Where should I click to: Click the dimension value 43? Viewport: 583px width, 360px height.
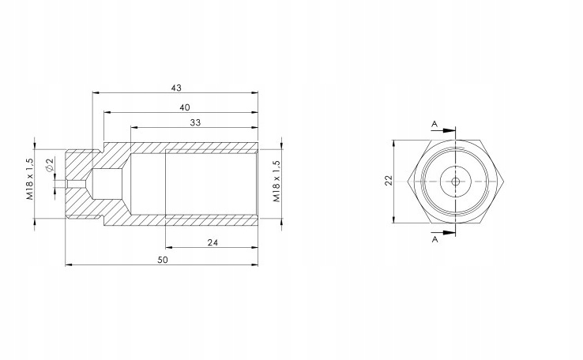click(176, 88)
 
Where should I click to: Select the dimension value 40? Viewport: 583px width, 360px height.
click(185, 107)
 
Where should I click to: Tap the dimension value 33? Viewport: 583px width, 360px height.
click(195, 122)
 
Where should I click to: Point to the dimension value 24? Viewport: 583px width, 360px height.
click(213, 242)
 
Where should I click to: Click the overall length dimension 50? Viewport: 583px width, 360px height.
click(163, 260)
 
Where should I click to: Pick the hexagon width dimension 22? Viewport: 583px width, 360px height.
click(389, 181)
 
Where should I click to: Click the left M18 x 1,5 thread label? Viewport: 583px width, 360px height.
click(30, 179)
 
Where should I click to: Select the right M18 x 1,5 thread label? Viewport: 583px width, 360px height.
click(277, 182)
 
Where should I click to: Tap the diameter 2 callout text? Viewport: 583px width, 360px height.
click(50, 164)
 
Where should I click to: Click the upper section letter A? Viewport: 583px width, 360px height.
click(434, 124)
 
